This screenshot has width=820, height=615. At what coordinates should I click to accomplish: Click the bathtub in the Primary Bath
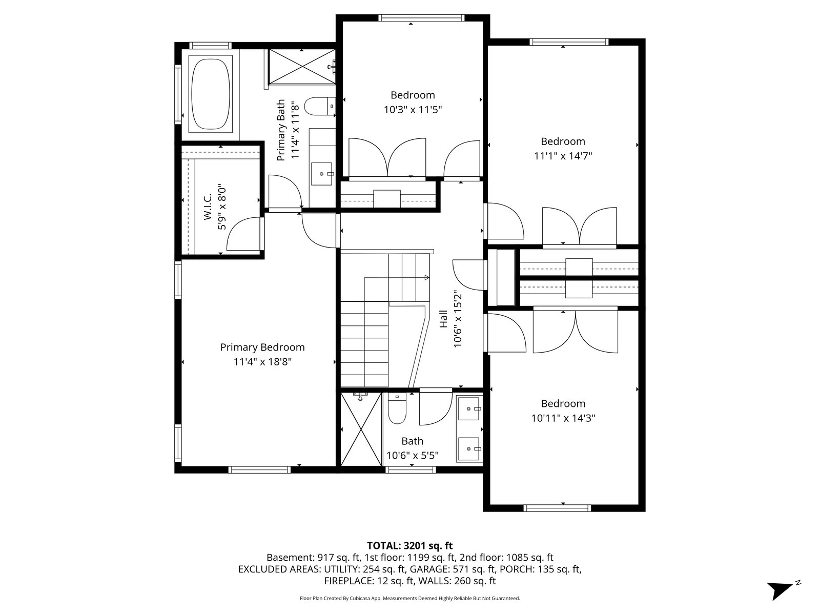(x=210, y=94)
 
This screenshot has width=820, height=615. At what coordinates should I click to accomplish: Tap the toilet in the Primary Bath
(x=319, y=107)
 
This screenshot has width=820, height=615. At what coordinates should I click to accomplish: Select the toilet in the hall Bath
(x=397, y=408)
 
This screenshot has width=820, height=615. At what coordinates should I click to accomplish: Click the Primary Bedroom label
(x=262, y=347)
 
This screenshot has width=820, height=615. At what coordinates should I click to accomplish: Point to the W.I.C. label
(x=208, y=207)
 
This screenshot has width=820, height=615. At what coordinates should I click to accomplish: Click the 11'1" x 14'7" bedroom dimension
(x=563, y=156)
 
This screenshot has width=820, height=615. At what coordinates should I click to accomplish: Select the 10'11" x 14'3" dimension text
(x=563, y=418)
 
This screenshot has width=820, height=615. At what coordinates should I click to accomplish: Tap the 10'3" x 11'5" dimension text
(x=413, y=110)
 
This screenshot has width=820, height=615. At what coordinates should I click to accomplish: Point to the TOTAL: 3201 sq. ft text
(x=410, y=546)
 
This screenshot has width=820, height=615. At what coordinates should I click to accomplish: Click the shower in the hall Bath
(x=361, y=428)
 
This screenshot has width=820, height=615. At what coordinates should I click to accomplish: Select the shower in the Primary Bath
(x=302, y=67)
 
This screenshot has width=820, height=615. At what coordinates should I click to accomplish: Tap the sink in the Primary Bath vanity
(x=322, y=174)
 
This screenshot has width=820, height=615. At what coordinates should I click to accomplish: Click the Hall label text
(x=443, y=319)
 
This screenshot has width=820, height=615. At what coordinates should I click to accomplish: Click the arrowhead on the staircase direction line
(x=427, y=277)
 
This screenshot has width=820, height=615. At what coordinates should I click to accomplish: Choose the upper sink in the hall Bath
(x=468, y=409)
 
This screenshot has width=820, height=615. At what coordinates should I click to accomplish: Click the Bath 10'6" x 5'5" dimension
(x=413, y=456)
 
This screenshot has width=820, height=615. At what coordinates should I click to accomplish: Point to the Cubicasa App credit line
(x=410, y=598)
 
